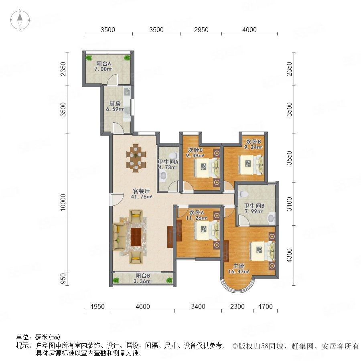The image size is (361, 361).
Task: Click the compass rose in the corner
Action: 20,20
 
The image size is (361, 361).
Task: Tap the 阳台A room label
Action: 103,63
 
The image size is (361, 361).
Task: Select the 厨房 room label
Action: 115,103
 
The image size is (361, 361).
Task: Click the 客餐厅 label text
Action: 141,191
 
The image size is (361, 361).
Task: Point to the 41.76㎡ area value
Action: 141,197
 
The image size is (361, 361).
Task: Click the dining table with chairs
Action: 136,158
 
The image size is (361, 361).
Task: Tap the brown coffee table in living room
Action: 136,237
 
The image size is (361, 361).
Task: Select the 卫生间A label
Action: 168,162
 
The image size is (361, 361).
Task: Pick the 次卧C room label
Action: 195,150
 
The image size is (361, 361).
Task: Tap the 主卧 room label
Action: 239,266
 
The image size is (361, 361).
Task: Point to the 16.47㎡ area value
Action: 239,272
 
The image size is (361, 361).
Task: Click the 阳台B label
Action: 143,276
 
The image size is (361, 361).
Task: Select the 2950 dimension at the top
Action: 201,30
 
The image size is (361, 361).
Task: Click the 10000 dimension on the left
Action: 63,203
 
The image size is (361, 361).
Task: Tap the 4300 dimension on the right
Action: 289,256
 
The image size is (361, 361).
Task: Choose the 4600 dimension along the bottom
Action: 143,306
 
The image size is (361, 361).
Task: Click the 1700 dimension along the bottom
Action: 266,306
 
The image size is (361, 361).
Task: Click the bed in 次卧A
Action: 207,230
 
